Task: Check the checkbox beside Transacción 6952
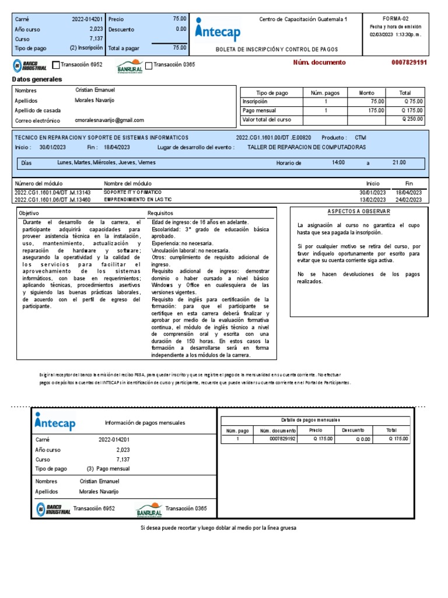[56, 65]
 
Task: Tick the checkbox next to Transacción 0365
[149, 65]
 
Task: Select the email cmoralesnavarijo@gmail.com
[110, 120]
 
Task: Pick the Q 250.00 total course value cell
[412, 119]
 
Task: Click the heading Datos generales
[37, 79]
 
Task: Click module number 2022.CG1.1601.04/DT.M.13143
[52, 192]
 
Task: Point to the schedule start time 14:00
[338, 162]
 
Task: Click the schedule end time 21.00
[399, 162]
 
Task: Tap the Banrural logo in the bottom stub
[149, 509]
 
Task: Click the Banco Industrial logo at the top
[30, 65]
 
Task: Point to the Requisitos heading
[160, 213]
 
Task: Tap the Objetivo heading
[29, 213]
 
